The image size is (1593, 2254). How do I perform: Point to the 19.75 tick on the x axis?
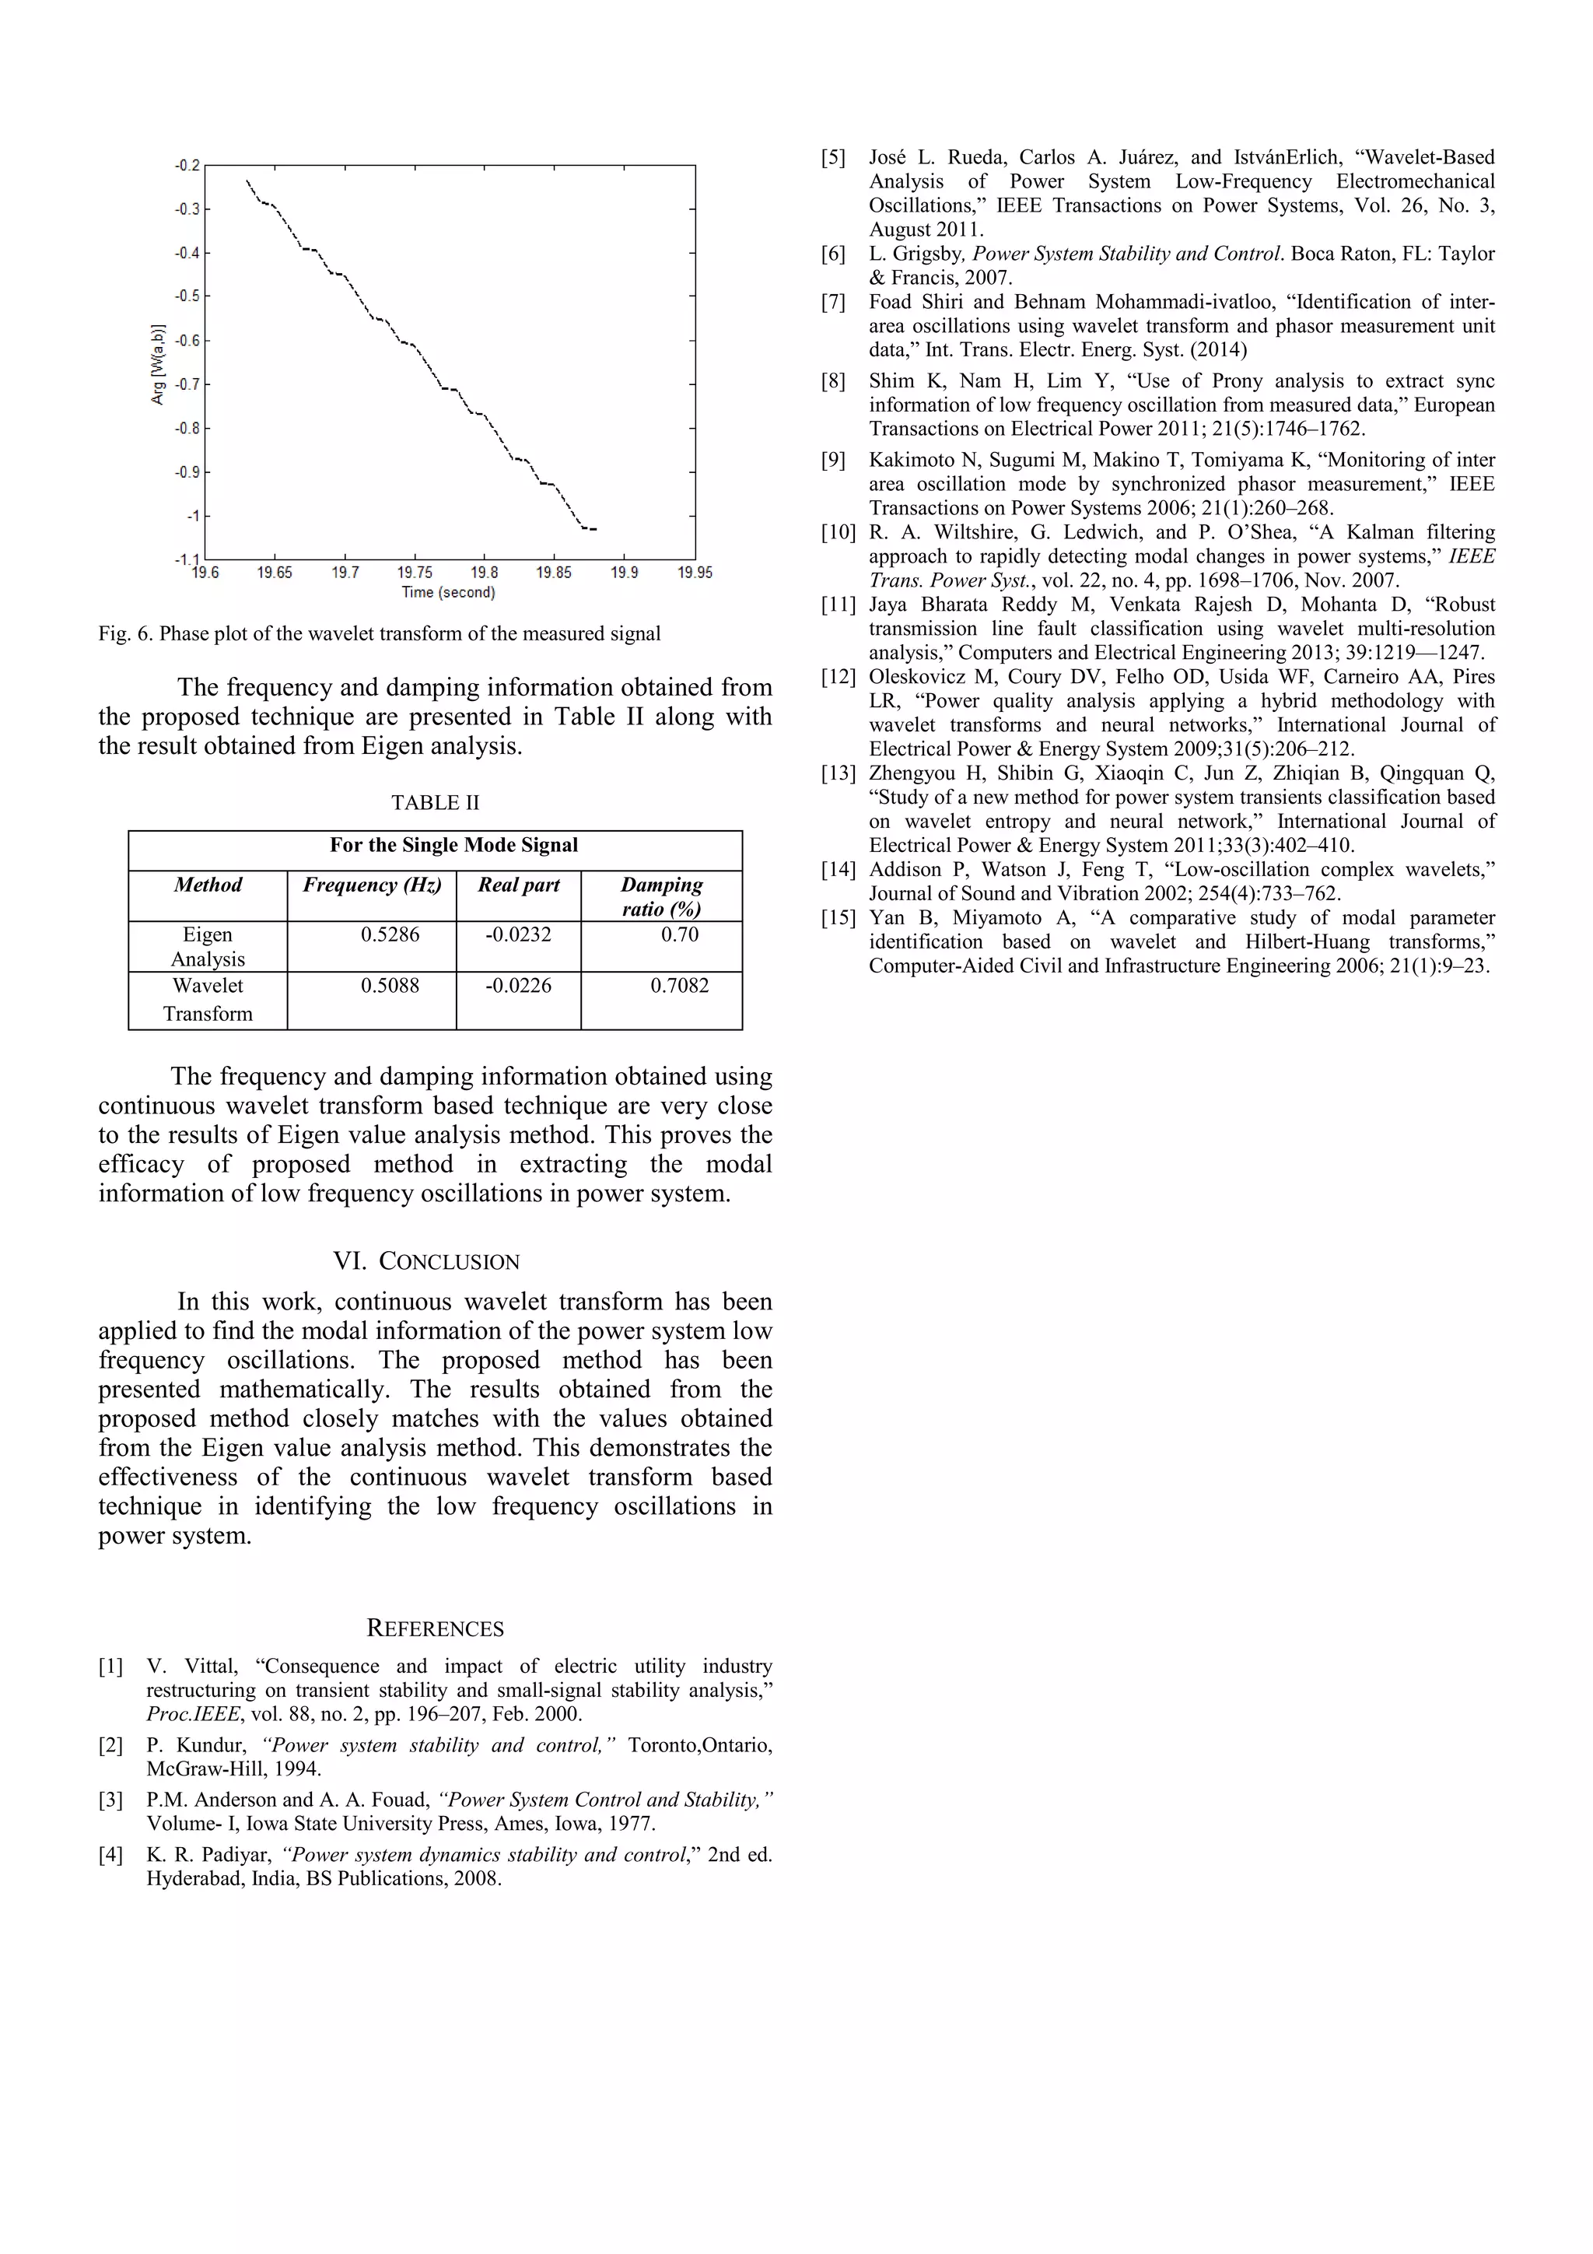(415, 573)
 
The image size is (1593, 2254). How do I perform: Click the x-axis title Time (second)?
(449, 592)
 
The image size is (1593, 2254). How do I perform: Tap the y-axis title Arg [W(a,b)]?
(158, 363)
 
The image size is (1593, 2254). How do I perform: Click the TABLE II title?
(435, 802)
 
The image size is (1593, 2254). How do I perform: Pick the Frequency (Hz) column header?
(372, 885)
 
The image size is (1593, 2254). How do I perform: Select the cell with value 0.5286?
(390, 934)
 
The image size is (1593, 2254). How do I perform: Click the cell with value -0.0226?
(518, 986)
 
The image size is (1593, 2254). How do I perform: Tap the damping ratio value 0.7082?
(679, 986)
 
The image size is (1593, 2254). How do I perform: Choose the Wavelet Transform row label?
(207, 999)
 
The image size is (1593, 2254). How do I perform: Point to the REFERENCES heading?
(435, 1628)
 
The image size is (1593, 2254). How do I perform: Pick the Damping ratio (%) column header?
(661, 896)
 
